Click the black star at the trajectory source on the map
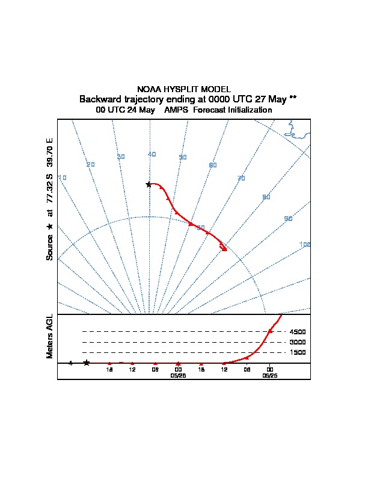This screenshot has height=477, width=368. coord(149,184)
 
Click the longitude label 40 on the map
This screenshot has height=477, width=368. coord(152,155)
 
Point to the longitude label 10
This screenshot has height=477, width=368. coord(63,178)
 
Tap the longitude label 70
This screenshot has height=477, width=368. coord(241,178)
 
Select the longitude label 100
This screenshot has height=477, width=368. coord(305,245)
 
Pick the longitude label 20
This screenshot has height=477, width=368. coord(91,164)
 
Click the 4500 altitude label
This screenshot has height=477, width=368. coord(298,332)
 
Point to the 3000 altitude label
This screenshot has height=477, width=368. coord(298,342)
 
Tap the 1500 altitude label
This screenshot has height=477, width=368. coord(298,352)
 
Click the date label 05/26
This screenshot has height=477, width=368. coord(179,375)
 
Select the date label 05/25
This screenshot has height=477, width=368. coord(269,375)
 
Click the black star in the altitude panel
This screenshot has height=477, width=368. coord(87,363)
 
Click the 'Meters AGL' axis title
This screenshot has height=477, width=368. coord(50,336)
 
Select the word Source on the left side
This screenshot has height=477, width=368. coord(50,248)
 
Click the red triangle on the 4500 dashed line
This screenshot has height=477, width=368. coord(270,331)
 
